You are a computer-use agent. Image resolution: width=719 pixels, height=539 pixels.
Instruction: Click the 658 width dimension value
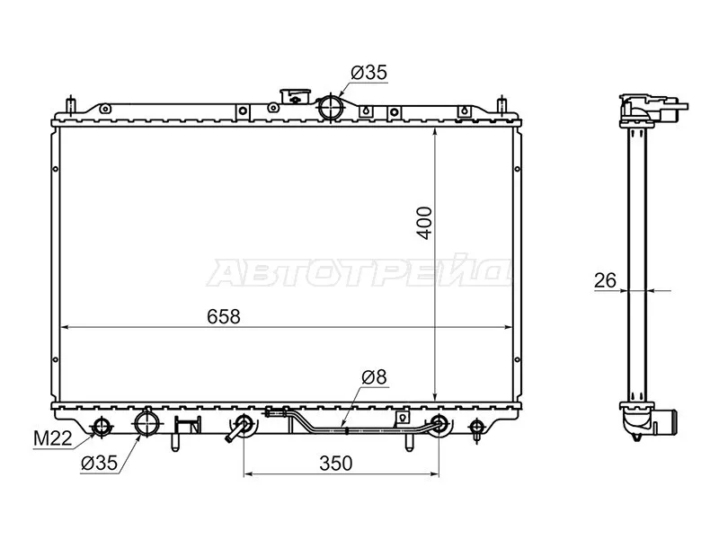pyautogui.click(x=223, y=317)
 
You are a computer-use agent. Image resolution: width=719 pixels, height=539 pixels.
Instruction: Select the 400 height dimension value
pyautogui.click(x=425, y=223)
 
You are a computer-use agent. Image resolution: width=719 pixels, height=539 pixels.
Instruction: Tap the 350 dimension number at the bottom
pyautogui.click(x=336, y=464)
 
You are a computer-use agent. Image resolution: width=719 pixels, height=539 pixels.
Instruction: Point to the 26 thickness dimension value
pyautogui.click(x=605, y=280)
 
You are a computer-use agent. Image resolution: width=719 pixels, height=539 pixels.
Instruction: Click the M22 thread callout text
pyautogui.click(x=53, y=439)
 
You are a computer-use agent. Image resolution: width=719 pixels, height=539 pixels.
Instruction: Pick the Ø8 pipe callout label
pyautogui.click(x=374, y=377)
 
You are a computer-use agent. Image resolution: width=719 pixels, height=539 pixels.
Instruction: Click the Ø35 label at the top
pyautogui.click(x=369, y=73)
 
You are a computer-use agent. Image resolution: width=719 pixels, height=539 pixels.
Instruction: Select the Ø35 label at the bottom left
pyautogui.click(x=99, y=464)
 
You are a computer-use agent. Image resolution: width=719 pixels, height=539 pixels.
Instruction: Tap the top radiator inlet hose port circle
pyautogui.click(x=330, y=107)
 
